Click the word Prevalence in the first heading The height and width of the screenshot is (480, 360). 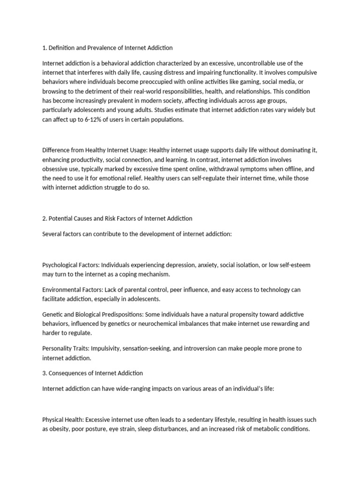(100, 48)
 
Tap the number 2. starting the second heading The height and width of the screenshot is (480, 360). (45, 218)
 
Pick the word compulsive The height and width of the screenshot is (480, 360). (302, 73)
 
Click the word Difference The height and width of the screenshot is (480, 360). (57, 150)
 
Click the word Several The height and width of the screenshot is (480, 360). (52, 234)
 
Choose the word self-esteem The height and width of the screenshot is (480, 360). (293, 265)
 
